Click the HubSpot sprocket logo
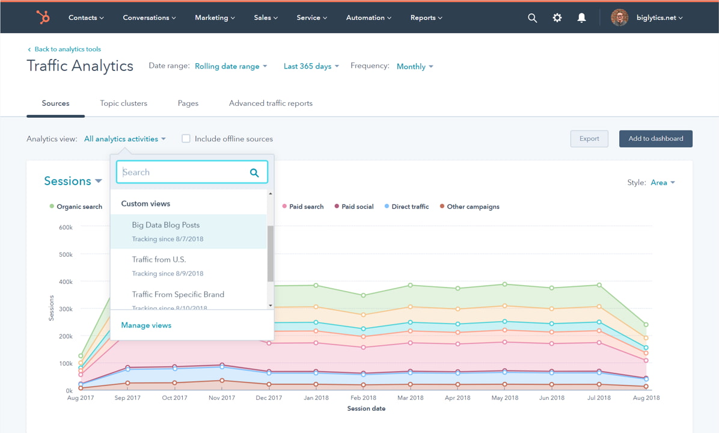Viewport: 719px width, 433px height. click(43, 17)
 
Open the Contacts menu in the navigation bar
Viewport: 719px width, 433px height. click(86, 18)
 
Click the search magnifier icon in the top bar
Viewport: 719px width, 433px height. click(532, 18)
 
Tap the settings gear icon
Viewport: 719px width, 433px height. click(557, 18)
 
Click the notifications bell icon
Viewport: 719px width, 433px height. click(581, 18)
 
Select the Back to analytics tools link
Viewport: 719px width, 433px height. click(67, 49)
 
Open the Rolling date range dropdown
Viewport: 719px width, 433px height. click(231, 66)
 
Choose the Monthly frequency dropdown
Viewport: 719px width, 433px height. click(415, 67)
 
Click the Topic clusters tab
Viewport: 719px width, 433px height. click(123, 103)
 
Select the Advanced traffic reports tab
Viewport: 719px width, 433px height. click(271, 103)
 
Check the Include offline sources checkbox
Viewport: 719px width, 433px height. click(186, 139)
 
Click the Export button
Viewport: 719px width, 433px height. click(589, 139)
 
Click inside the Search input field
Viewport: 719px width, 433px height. click(183, 173)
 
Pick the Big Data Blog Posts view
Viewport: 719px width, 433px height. click(166, 225)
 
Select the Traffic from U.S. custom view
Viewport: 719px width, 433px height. click(159, 260)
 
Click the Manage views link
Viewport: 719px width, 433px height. click(146, 325)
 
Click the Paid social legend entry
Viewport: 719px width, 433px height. click(357, 207)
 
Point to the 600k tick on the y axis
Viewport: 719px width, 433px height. click(66, 227)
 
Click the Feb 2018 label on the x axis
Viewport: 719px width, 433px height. click(363, 398)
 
